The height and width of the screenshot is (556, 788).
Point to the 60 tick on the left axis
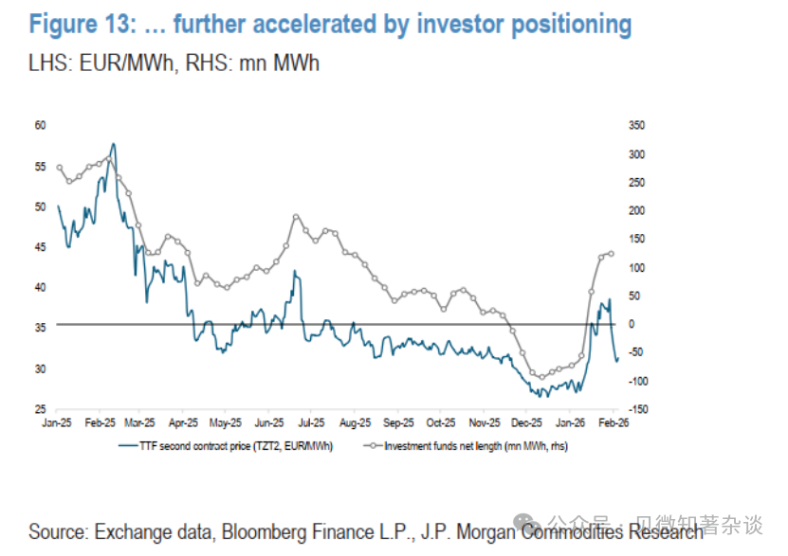coord(41,125)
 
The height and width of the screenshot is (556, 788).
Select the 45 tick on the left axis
coord(41,246)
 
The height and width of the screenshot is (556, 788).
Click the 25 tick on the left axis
coord(41,409)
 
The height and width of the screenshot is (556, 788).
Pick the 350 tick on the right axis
coord(636,125)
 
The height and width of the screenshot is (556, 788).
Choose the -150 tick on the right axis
coord(637,409)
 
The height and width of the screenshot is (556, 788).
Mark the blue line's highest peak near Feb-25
coord(114,144)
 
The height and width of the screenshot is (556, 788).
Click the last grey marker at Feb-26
coord(612,253)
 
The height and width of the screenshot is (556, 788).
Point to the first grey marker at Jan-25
coord(59,168)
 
